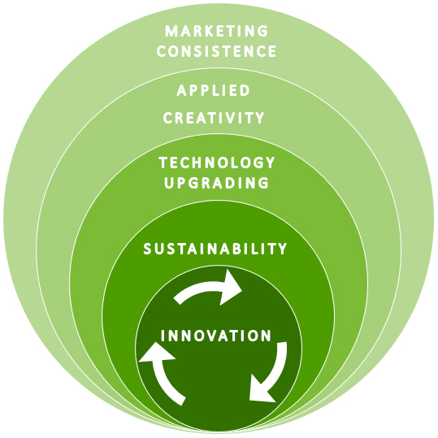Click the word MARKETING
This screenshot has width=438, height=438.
[x=216, y=31]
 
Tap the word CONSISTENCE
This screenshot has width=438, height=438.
[x=216, y=51]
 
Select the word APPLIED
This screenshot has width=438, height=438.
[x=213, y=90]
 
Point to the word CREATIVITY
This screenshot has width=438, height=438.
[x=214, y=118]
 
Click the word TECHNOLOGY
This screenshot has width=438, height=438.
[x=217, y=163]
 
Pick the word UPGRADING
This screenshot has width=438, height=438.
[x=216, y=183]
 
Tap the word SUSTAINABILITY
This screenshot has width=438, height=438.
[x=215, y=249]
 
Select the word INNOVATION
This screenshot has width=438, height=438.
[x=216, y=336]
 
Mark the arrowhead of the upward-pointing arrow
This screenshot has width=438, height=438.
[x=156, y=353]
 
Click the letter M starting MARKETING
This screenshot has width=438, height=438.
[x=171, y=31]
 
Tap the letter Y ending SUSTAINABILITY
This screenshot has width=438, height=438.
[x=283, y=249]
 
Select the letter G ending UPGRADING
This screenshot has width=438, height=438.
[x=263, y=183]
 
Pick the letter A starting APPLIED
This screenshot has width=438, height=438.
[x=181, y=90]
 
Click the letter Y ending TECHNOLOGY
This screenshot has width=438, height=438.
[x=271, y=163]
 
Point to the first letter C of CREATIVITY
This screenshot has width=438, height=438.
[x=168, y=118]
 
